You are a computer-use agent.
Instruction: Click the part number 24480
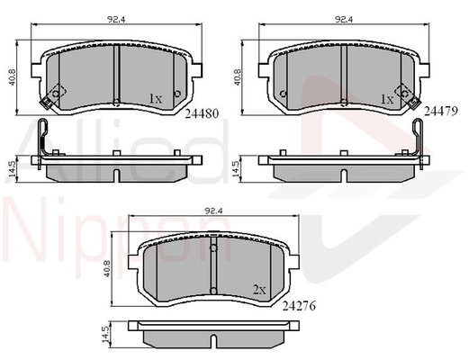[202, 113]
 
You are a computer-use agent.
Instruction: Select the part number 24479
[441, 111]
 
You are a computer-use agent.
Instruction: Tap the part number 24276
[299, 306]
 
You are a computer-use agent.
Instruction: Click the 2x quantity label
[259, 290]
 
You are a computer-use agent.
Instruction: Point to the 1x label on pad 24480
[156, 98]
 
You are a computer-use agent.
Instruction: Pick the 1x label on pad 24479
[387, 99]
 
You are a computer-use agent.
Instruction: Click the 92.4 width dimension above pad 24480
[116, 20]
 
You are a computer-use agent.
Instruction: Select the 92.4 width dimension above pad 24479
[344, 20]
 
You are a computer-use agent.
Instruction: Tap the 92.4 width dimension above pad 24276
[213, 211]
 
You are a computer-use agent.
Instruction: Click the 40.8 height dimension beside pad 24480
[12, 77]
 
